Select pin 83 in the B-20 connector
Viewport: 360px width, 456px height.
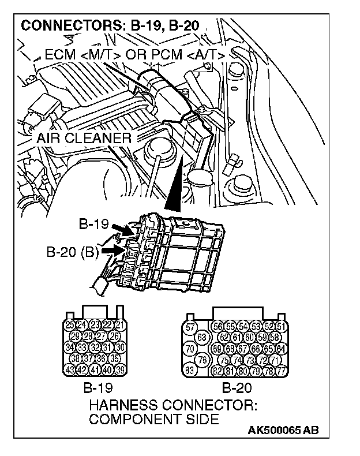tap(189, 370)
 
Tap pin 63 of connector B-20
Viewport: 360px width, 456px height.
tap(202, 338)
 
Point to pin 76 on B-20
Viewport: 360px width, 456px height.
tap(202, 360)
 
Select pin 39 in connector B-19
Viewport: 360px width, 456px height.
tap(120, 369)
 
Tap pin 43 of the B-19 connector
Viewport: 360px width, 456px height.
tap(70, 369)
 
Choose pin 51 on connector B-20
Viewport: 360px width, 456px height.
tap(282, 327)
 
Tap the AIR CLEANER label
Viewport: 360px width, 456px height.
tap(85, 139)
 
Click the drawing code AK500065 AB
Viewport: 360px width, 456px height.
tap(284, 431)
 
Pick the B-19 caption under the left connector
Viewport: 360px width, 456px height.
tap(97, 387)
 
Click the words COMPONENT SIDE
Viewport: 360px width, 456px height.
tap(153, 419)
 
